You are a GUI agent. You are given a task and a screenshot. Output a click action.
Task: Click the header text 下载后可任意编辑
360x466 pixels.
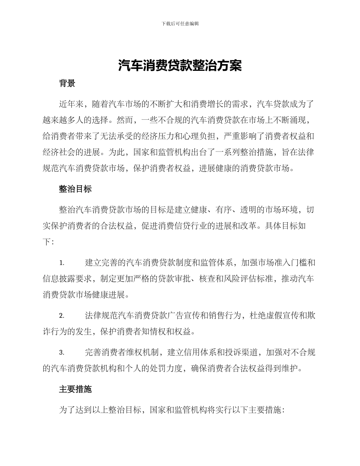(x=180, y=23)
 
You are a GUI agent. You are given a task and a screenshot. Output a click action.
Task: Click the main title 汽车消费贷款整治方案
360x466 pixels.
(x=180, y=66)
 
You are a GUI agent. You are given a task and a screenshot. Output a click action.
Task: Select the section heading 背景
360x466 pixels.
(x=67, y=84)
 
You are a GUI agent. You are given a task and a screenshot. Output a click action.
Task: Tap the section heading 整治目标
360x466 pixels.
(x=75, y=189)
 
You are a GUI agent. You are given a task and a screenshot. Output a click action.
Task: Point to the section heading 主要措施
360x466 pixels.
(x=75, y=389)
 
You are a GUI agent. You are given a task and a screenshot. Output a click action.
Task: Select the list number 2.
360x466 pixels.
(x=62, y=316)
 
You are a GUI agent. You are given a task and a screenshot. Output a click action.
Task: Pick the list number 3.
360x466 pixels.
(x=62, y=353)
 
